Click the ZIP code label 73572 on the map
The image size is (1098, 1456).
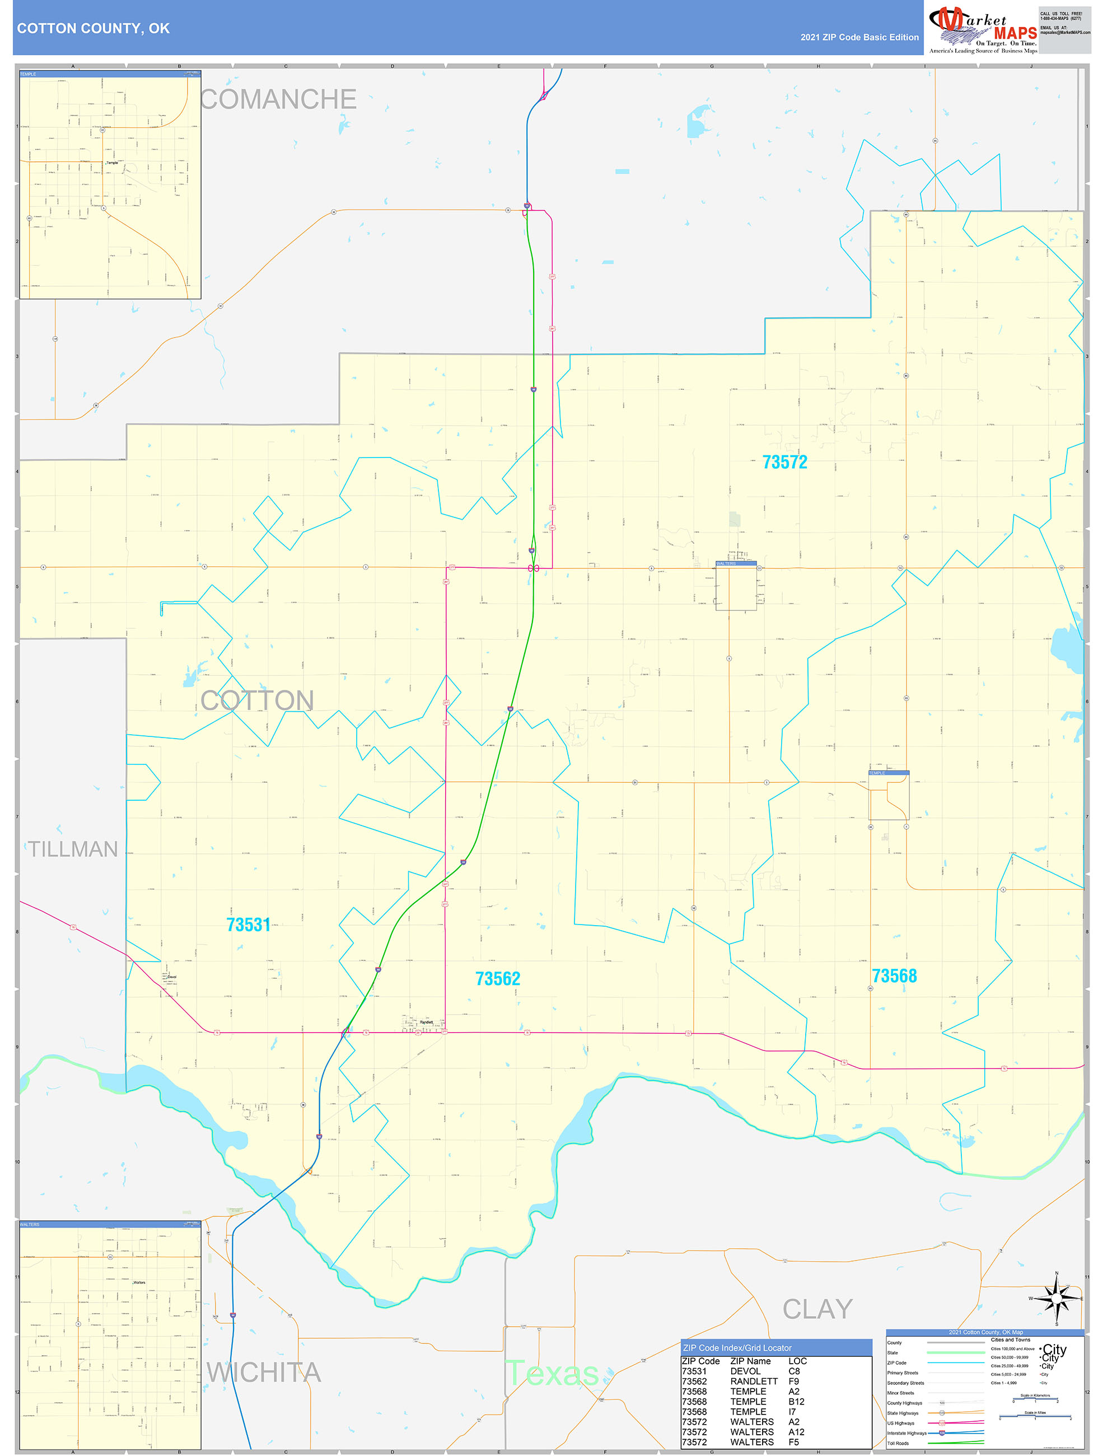(x=784, y=462)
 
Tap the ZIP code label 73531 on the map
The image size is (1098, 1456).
(x=248, y=925)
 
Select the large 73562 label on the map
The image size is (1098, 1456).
(x=497, y=979)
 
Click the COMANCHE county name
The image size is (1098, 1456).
(x=278, y=99)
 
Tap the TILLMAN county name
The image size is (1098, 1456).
(x=72, y=849)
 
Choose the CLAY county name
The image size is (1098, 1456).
(x=817, y=1309)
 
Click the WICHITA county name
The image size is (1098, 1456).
(x=264, y=1372)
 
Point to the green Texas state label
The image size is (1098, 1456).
(x=552, y=1373)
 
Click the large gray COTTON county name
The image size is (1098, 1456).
(x=258, y=701)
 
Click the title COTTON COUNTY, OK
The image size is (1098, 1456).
(x=94, y=29)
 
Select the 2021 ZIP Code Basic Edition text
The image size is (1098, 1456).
(x=859, y=38)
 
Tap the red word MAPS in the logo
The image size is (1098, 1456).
(x=1015, y=33)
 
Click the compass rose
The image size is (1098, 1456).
(x=1056, y=1299)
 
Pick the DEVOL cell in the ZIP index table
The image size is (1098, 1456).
(x=745, y=1371)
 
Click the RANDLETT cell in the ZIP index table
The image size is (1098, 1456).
(x=754, y=1381)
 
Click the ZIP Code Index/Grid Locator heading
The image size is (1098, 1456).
(x=737, y=1347)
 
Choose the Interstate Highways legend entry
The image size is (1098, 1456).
(x=907, y=1433)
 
